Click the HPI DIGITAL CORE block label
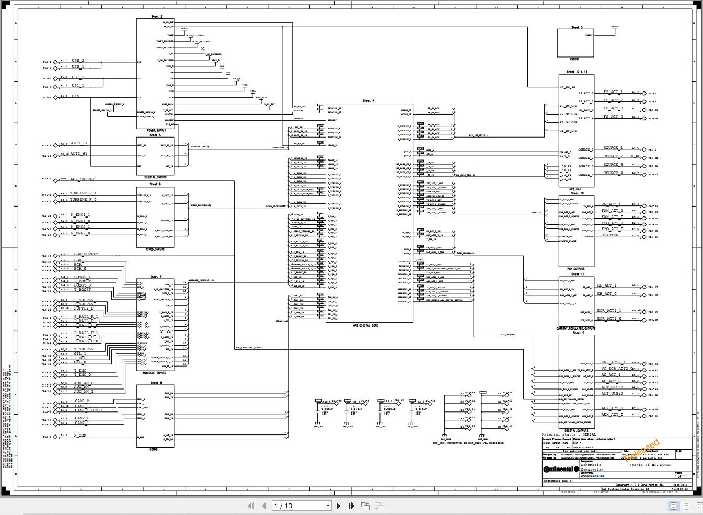pyautogui.click(x=369, y=325)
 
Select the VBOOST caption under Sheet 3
pyautogui.click(x=575, y=59)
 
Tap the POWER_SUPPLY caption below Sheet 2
pyautogui.click(x=156, y=130)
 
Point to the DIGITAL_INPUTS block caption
pyautogui.click(x=155, y=177)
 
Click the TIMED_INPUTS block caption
pyautogui.click(x=155, y=249)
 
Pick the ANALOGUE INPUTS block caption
pyautogui.click(x=154, y=373)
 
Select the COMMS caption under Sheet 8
pyautogui.click(x=154, y=449)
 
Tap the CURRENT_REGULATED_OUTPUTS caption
pyautogui.click(x=575, y=329)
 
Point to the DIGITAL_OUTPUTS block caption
pyautogui.click(x=575, y=431)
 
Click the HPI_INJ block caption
pyautogui.click(x=575, y=189)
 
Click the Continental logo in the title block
pyautogui.click(x=561, y=468)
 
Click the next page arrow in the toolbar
pyautogui.click(x=339, y=506)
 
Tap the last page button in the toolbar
pyautogui.click(x=352, y=506)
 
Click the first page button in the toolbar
pyautogui.click(x=251, y=506)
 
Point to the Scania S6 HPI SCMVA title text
pyautogui.click(x=650, y=465)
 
